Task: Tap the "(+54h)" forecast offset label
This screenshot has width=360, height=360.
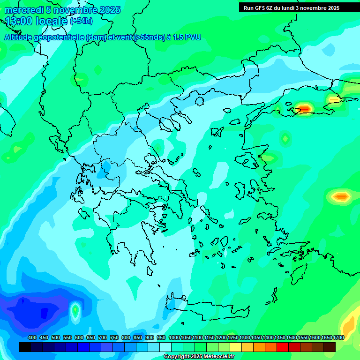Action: [81, 21]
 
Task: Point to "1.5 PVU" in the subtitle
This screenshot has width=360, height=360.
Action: [187, 37]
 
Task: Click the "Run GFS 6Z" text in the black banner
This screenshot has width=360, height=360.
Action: [261, 8]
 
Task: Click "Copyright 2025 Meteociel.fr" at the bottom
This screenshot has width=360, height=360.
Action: [198, 357]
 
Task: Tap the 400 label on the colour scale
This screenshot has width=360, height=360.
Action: [32, 337]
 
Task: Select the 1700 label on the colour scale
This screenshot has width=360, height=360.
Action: [339, 337]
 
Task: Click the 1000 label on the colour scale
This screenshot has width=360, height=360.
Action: [174, 337]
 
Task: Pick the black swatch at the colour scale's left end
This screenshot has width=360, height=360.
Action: [25, 347]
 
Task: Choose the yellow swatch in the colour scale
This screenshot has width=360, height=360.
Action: [236, 347]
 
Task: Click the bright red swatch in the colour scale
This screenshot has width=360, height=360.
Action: [283, 347]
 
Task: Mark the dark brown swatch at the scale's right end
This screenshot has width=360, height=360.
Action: [330, 347]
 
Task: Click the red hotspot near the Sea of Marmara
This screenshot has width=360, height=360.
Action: [304, 109]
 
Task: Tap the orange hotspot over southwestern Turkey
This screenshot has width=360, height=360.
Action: [341, 196]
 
